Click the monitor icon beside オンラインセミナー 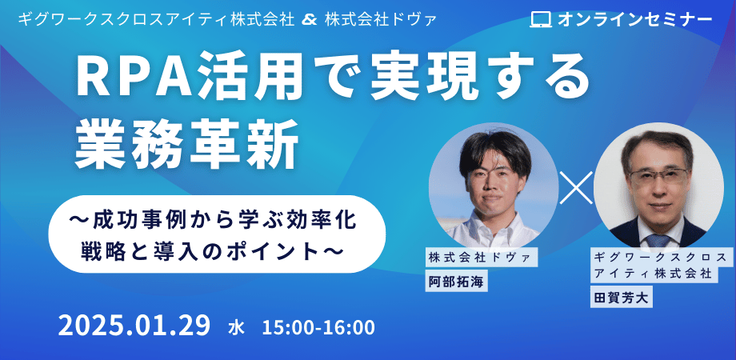tap(541, 19)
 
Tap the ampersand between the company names tap(310, 20)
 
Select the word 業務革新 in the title tap(187, 144)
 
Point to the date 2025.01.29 tap(134, 326)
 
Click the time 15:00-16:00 tap(318, 328)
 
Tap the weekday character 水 tap(236, 328)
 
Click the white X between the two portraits tap(576, 187)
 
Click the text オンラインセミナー tap(634, 19)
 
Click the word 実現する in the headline tap(478, 77)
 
